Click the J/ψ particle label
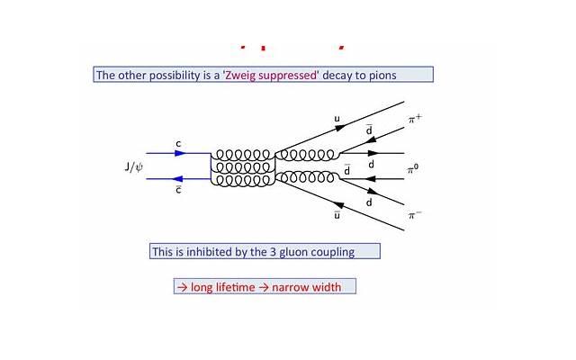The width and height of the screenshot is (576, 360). (134, 166)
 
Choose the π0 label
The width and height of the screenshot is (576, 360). (413, 168)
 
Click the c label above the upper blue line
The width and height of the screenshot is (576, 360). (179, 143)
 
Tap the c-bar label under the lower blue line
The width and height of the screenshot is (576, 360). (178, 189)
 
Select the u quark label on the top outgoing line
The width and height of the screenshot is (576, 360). (337, 118)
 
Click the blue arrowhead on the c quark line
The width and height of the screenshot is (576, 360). (180, 153)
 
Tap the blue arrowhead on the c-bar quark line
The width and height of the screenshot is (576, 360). (179, 178)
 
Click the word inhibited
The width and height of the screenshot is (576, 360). (202, 252)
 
